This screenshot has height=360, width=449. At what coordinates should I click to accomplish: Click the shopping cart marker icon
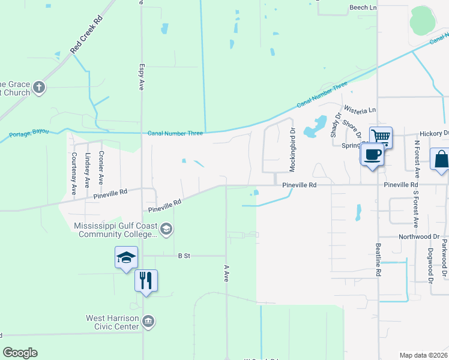381,137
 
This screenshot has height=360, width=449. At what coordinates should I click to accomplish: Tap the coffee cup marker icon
372,155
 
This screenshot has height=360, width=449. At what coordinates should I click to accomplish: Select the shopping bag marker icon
441,160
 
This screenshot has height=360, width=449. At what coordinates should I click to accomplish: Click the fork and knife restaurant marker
146,280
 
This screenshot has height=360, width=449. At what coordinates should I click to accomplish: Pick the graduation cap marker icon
126,257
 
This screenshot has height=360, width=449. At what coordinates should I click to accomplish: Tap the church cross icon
39,88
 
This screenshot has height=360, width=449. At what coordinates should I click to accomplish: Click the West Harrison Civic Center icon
148,322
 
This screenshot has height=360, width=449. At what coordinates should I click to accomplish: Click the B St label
184,256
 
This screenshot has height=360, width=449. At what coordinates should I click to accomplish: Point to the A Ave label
227,274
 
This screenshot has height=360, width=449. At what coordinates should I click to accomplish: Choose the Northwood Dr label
419,237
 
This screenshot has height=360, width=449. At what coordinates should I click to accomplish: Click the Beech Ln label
363,7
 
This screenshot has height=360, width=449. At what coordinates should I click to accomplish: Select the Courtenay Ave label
74,173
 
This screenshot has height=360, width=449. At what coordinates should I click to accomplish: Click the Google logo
20,353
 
